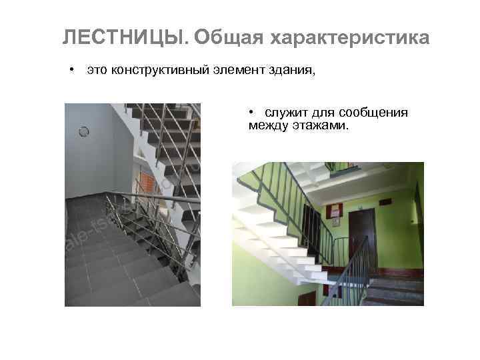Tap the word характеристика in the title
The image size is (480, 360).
[349, 39]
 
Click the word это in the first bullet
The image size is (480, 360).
[97, 71]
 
